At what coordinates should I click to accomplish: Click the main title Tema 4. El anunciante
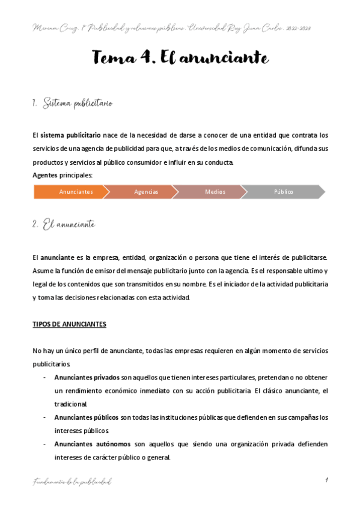[180, 58]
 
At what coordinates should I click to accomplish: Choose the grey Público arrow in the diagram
[284, 192]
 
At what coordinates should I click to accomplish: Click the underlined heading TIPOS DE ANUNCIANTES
[69, 324]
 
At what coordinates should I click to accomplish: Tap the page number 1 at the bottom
[325, 480]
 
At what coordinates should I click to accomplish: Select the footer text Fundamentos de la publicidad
[72, 481]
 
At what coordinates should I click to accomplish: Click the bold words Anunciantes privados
[87, 377]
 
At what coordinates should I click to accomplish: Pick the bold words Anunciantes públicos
[87, 417]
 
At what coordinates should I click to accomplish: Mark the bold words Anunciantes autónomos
[92, 444]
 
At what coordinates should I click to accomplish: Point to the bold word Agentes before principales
[44, 175]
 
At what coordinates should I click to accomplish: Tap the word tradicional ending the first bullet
[71, 404]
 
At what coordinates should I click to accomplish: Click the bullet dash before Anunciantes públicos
[45, 417]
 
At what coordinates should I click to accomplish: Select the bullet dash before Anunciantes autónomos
[45, 444]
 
